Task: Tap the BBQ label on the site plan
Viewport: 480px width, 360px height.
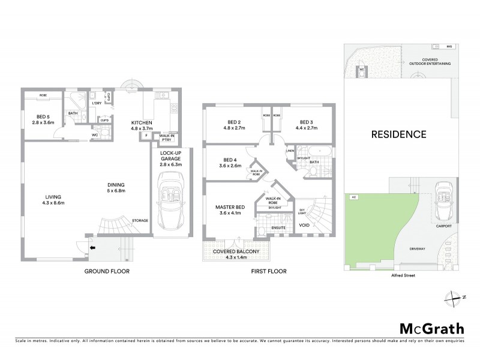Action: [x=450, y=46]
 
